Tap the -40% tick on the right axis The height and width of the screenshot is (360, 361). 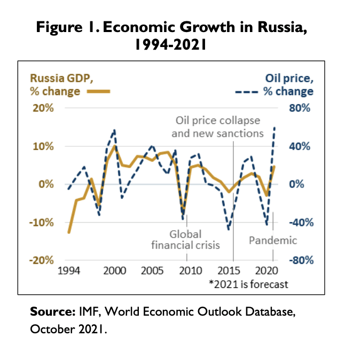click(x=298, y=223)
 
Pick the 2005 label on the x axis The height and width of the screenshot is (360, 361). click(x=152, y=271)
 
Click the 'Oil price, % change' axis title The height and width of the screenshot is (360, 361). click(x=288, y=85)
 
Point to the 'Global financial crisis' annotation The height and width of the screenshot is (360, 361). click(x=185, y=240)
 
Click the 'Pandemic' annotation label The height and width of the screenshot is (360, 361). click(x=272, y=240)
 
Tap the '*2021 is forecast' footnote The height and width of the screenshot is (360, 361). click(x=248, y=284)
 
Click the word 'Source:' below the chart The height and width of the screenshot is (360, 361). click(x=52, y=312)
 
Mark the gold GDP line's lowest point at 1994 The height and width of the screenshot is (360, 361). click(x=68, y=232)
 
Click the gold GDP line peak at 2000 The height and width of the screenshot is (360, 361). click(x=114, y=146)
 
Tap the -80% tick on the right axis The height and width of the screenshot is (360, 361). click(x=298, y=261)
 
